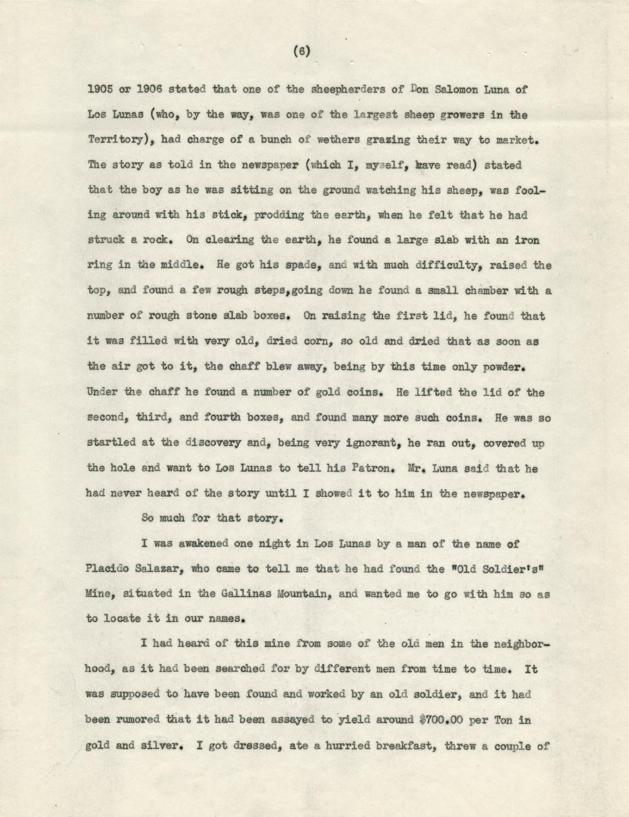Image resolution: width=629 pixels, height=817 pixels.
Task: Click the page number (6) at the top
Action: point(301,52)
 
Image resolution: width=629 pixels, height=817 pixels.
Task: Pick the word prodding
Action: point(278,215)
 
